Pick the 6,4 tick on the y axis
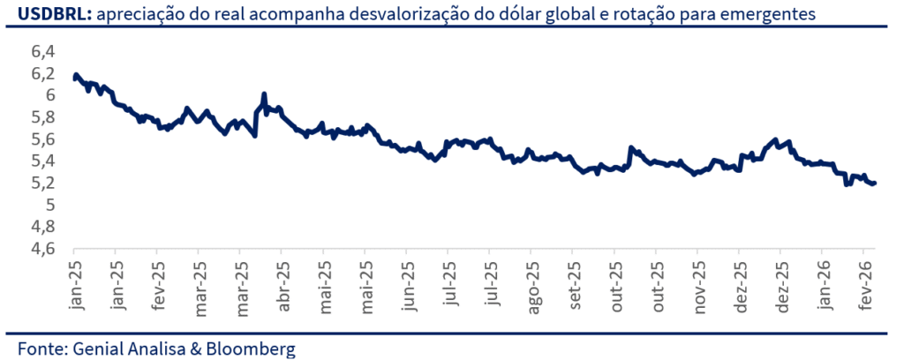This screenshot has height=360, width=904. click(x=43, y=51)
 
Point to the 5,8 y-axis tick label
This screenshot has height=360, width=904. click(x=43, y=117)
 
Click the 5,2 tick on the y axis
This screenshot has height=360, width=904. click(x=43, y=184)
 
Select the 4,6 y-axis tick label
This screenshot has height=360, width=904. click(x=43, y=250)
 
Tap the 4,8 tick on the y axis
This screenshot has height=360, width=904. click(x=43, y=228)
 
